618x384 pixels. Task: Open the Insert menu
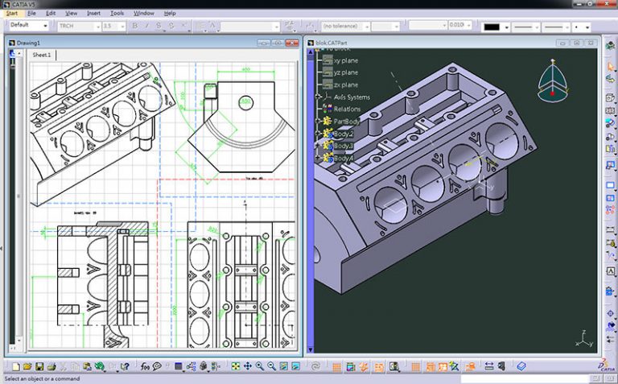point(94,14)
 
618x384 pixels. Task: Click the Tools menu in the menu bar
point(117,14)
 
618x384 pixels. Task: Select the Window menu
point(144,14)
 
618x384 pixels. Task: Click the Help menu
point(170,14)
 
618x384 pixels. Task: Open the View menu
point(72,14)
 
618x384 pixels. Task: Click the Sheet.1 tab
point(42,55)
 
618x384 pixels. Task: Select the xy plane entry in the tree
point(346,60)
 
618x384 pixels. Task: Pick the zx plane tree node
point(346,85)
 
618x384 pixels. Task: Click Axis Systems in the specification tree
point(352,97)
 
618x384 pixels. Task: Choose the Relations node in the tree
point(348,109)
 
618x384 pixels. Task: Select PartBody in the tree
point(347,122)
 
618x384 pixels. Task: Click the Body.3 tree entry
point(343,146)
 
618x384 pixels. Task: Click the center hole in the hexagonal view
point(245,104)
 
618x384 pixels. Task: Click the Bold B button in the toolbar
point(134,26)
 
